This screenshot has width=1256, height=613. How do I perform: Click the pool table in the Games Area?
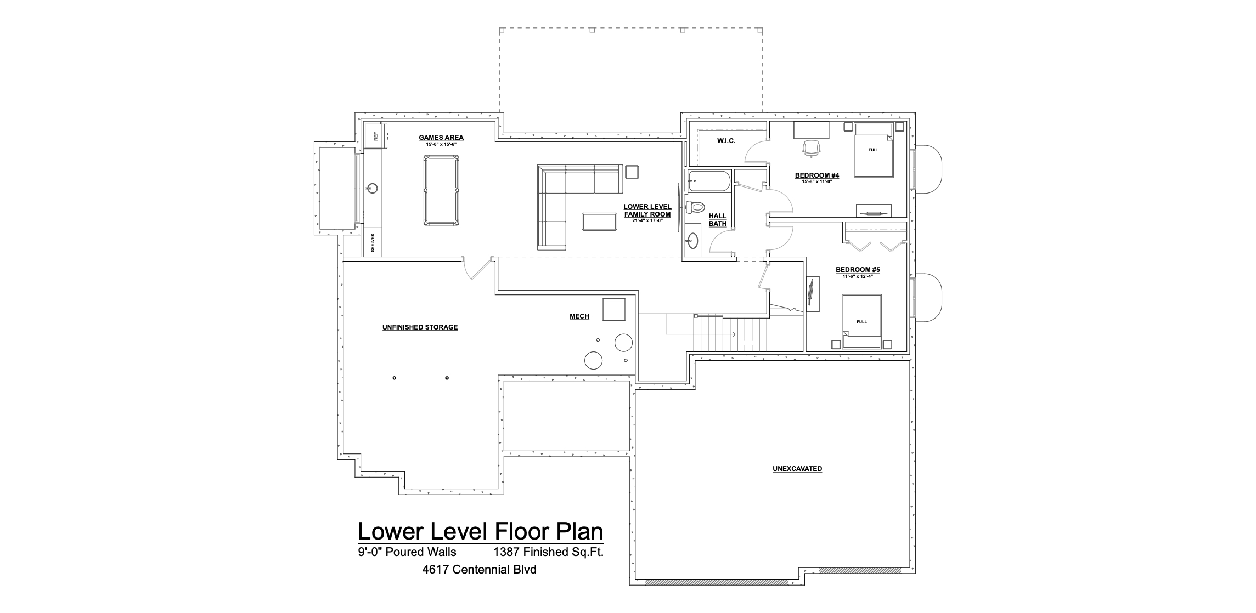441,190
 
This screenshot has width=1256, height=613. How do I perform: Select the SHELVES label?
373,242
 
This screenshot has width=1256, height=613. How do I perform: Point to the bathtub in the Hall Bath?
709,181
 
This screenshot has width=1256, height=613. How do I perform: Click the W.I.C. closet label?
726,141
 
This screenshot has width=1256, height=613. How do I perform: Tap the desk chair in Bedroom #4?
812,147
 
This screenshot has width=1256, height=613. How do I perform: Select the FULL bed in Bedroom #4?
874,150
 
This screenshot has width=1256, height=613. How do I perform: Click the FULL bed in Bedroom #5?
861,321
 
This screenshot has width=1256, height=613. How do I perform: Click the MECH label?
579,316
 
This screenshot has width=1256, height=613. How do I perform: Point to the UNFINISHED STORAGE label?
420,327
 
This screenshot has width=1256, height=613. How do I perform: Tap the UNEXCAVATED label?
797,469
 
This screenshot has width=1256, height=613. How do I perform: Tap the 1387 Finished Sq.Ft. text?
549,552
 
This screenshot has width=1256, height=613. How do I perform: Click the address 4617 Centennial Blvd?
479,570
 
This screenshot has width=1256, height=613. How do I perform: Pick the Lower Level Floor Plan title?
481,531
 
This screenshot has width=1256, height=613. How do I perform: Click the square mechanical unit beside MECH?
615,309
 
